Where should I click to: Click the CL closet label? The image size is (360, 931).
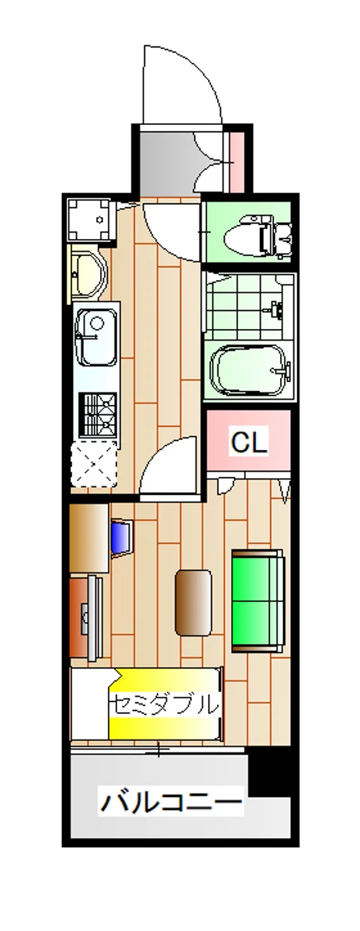(x=248, y=442)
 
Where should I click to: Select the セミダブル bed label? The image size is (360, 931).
(x=164, y=704)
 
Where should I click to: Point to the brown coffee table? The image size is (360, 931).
(x=193, y=602)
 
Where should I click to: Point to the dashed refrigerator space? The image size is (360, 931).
(x=94, y=464)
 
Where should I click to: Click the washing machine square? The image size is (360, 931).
(x=90, y=220)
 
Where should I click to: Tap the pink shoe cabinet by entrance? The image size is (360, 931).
(x=237, y=162)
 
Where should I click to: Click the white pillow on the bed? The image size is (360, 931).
(x=91, y=704)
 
